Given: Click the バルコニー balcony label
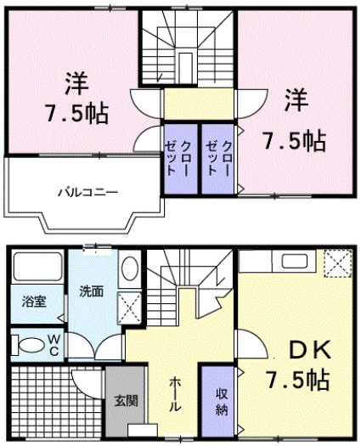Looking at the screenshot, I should coord(87,191).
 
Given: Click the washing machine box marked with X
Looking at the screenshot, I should coord(130,305).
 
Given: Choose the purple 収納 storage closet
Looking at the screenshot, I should coord(220,399).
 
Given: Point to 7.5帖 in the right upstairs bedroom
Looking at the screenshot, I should coord(294,138).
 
